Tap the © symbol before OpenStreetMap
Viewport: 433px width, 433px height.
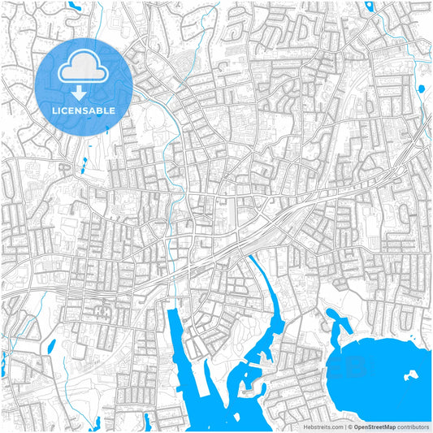348,426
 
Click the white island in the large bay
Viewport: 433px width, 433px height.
412,375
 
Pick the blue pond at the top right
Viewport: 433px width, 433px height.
370,6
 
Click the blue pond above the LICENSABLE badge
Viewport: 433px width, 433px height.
75,6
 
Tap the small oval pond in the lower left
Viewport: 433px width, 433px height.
52,347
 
